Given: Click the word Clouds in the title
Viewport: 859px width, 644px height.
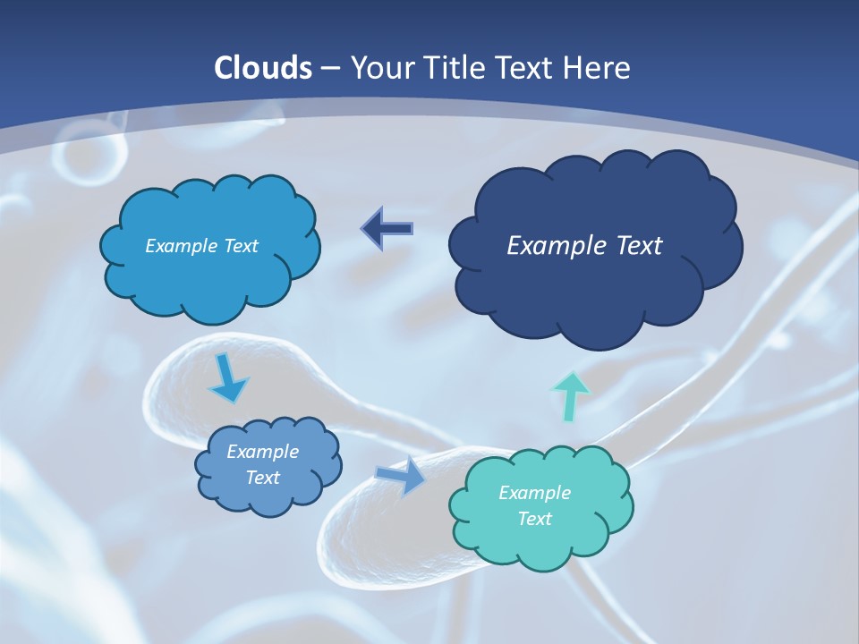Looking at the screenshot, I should pyautogui.click(x=263, y=68).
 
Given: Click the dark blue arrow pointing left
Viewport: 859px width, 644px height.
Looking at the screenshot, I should pyautogui.click(x=387, y=229).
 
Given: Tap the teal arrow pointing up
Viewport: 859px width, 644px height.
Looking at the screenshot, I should pyautogui.click(x=571, y=395).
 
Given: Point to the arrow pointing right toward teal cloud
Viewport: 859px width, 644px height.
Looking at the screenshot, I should pyautogui.click(x=402, y=476).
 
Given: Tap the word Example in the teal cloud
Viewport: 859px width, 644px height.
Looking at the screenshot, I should pyautogui.click(x=534, y=493).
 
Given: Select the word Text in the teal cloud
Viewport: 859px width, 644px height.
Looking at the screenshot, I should pyautogui.click(x=534, y=519).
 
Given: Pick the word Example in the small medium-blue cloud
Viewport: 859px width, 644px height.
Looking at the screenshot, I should pyautogui.click(x=262, y=452).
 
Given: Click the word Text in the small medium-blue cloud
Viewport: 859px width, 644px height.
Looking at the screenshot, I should pyautogui.click(x=262, y=478).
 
